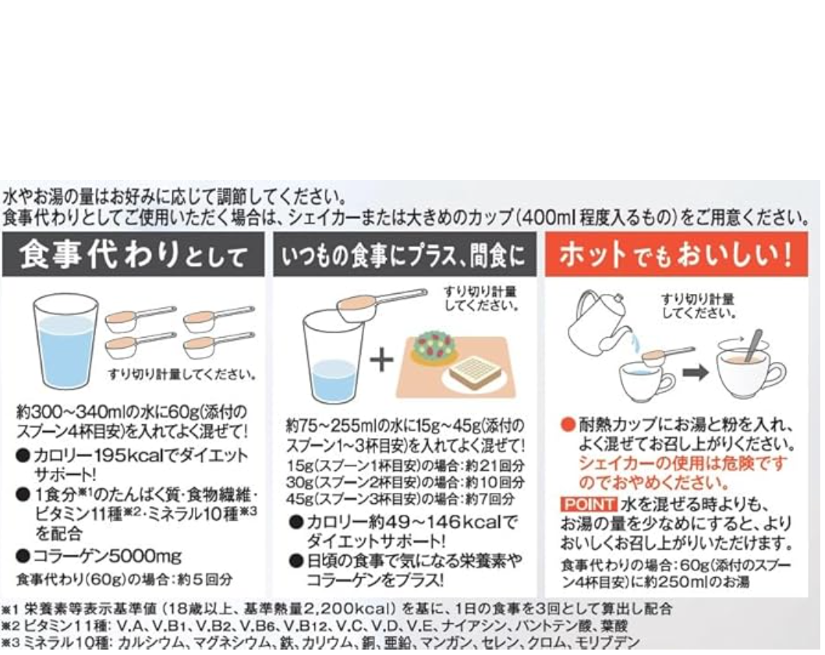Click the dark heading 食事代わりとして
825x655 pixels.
133,255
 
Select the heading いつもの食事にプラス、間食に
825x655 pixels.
404,256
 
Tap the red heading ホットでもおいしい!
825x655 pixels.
676,255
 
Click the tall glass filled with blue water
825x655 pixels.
66,342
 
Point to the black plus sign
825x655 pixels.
381,359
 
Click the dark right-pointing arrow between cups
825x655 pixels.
696,373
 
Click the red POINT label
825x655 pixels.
588,504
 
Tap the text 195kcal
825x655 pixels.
133,455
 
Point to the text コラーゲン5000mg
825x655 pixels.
108,555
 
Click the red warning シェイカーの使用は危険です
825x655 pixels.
682,463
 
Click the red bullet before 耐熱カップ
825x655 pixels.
568,424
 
